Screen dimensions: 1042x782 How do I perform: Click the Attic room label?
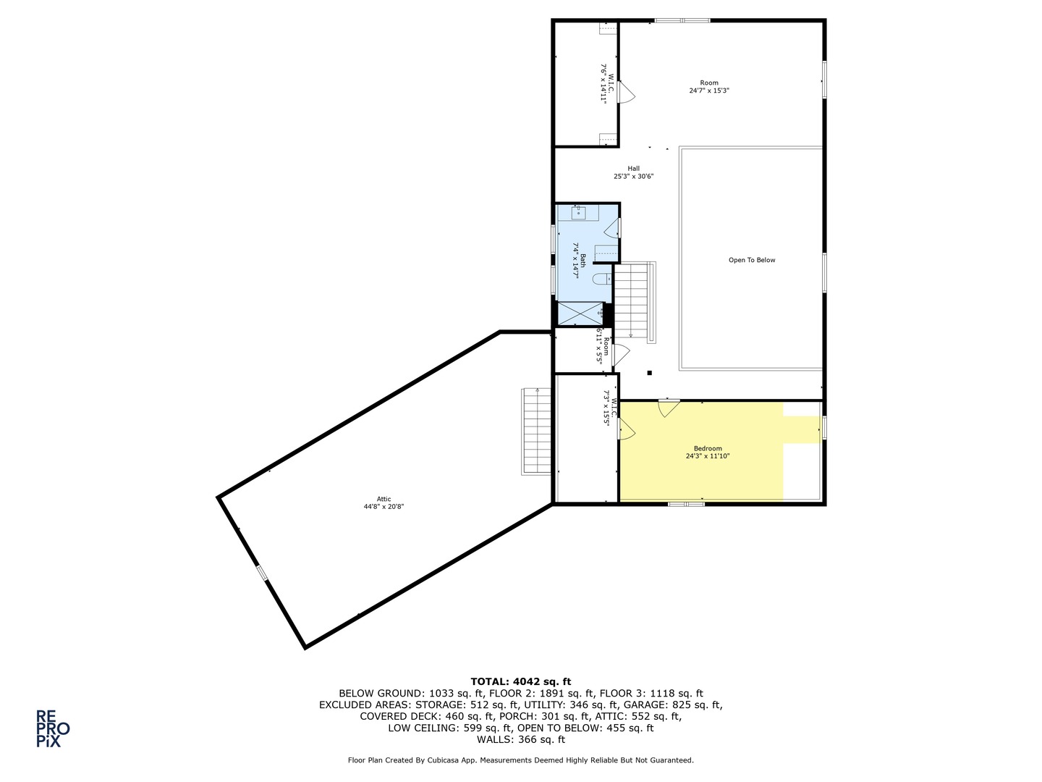coord(384,499)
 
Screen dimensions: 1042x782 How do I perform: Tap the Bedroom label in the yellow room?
coord(708,448)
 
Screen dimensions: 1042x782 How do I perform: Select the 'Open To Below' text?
coord(752,260)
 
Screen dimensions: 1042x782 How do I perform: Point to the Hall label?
coord(634,168)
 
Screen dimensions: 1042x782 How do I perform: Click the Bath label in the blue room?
coord(583,260)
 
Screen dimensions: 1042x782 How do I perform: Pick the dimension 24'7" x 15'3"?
coord(709,91)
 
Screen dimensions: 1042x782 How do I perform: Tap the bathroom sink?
coord(578,213)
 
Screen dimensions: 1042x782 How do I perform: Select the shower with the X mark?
coord(580,314)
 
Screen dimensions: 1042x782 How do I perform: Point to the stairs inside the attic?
coord(536,431)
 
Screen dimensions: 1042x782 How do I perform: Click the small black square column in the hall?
coord(649,373)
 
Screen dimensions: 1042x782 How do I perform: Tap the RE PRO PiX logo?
coord(52,728)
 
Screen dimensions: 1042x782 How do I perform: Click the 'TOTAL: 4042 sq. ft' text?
coord(521,682)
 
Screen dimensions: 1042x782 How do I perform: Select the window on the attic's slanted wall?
coord(262,573)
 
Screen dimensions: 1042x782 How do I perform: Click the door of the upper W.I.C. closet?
coord(626,92)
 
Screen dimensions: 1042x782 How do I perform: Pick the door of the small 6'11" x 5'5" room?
coord(621,355)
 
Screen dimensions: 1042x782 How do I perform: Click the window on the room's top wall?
coord(682,20)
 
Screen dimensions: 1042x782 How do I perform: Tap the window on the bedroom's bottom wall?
coord(687,503)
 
